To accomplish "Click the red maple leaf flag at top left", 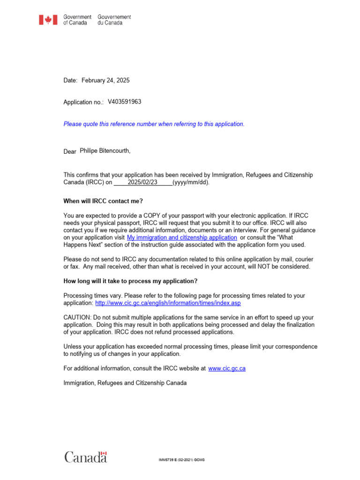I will click(x=48, y=20).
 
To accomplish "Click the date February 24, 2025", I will click(x=105, y=81).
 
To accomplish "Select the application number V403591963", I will click(x=124, y=101).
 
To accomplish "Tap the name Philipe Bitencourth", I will click(x=105, y=151).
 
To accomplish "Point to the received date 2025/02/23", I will click(x=145, y=183).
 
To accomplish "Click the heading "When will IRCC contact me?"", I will click(x=103, y=201).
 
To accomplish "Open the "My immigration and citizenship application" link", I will click(x=182, y=238).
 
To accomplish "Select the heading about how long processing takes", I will click(x=130, y=281).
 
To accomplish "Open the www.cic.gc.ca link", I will click(x=227, y=368).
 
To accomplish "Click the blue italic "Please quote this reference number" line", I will click(x=154, y=124).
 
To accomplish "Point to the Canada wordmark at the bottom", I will click(x=85, y=457).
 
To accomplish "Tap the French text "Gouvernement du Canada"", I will click(x=114, y=20).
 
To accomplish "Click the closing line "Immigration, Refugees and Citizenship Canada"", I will click(x=125, y=383).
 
